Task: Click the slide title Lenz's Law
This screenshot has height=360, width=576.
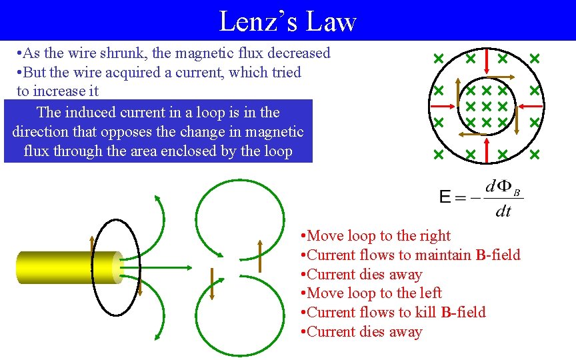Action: point(287,21)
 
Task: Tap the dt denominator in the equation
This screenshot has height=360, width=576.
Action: point(503,211)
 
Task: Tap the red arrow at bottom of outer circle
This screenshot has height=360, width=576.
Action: point(487,152)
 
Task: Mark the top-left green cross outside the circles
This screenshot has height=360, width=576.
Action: point(439,59)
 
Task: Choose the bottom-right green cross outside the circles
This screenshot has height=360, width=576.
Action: point(535,155)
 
